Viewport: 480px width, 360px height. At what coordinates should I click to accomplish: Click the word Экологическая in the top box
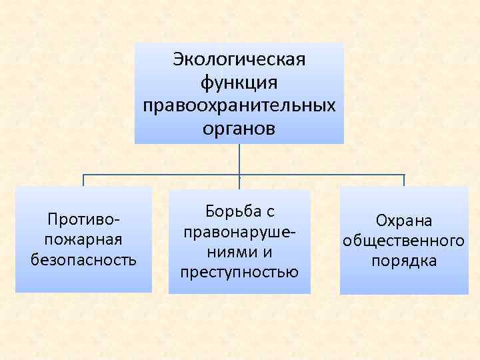point(239,59)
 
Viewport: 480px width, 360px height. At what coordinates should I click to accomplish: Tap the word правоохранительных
point(239,105)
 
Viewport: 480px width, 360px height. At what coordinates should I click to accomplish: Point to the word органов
point(239,128)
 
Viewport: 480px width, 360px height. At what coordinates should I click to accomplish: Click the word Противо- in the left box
point(83,219)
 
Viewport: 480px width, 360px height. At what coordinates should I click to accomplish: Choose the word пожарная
point(83,239)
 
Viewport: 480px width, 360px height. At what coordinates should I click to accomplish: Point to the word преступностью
point(239,273)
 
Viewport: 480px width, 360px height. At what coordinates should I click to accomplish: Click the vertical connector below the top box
point(239,159)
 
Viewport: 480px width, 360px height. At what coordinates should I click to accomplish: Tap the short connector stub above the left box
point(83,181)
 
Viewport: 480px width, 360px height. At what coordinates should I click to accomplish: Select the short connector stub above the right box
point(404,181)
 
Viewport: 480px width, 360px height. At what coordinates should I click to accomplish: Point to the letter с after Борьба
point(270,212)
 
